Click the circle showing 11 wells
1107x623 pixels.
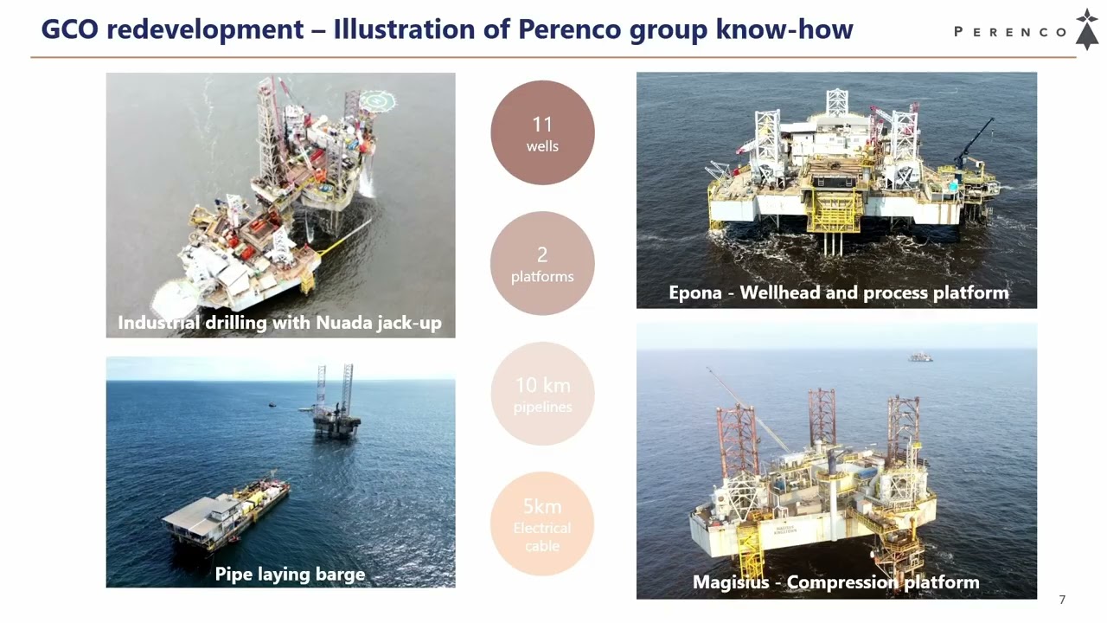tap(542, 132)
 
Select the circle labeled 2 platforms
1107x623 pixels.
tap(542, 263)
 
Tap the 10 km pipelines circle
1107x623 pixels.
tap(542, 394)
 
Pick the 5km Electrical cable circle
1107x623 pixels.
tap(542, 523)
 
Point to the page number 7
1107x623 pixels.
tap(1062, 600)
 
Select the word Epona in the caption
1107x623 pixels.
tap(695, 292)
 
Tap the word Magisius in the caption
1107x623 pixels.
tap(731, 582)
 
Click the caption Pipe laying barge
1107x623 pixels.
tap(290, 575)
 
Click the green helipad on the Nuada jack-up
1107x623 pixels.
tap(377, 101)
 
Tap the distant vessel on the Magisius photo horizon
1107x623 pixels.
tap(921, 356)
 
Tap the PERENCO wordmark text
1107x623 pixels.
tap(1010, 32)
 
